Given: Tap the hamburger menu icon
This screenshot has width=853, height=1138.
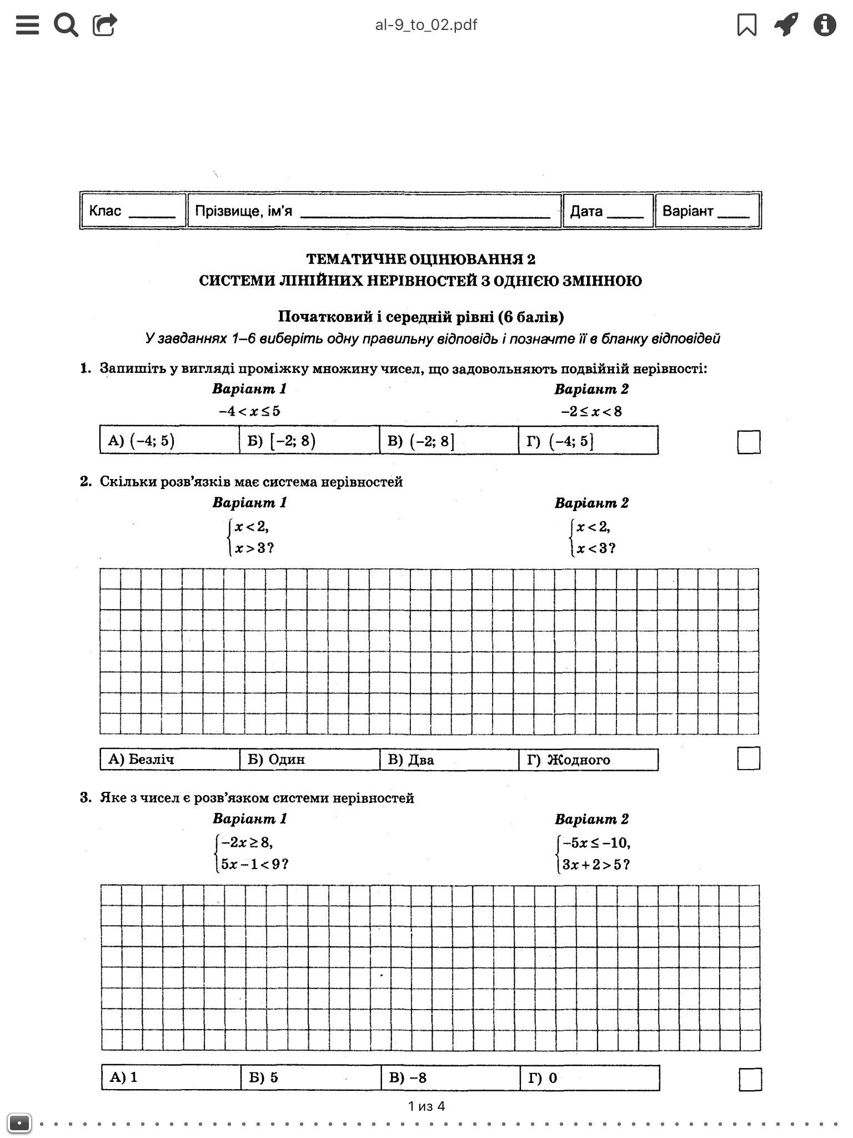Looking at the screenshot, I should pyautogui.click(x=27, y=24).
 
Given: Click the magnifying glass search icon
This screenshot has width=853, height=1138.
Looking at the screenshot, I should pyautogui.click(x=66, y=25).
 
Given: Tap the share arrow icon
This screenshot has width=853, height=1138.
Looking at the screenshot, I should pyautogui.click(x=105, y=24).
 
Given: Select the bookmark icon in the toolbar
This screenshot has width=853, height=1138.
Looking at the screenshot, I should pyautogui.click(x=746, y=24).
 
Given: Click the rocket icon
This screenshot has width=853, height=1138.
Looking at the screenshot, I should pyautogui.click(x=786, y=24).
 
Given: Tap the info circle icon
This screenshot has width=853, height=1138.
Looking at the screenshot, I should pyautogui.click(x=825, y=24).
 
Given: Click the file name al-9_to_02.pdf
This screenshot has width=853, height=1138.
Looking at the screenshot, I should pyautogui.click(x=426, y=25).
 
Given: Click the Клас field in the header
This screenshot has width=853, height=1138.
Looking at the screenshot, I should pyautogui.click(x=133, y=211).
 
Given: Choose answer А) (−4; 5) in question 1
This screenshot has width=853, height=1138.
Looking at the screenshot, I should pyautogui.click(x=169, y=441).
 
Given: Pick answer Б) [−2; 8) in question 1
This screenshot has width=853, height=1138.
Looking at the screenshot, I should pyautogui.click(x=309, y=441).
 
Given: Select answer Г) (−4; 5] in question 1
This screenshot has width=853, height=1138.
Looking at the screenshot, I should pyautogui.click(x=588, y=441).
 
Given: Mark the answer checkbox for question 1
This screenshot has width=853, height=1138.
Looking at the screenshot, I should pyautogui.click(x=749, y=442).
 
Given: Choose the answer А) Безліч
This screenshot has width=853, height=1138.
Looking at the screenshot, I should pyautogui.click(x=169, y=760).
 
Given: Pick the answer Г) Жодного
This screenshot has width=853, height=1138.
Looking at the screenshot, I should pyautogui.click(x=588, y=760).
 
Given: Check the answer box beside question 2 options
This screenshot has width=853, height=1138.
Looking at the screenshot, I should pyautogui.click(x=749, y=758).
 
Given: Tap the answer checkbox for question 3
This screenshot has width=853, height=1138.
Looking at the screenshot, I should pyautogui.click(x=750, y=1079).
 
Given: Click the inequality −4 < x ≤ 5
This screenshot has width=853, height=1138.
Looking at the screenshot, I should pyautogui.click(x=249, y=412).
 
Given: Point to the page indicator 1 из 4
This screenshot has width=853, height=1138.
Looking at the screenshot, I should pyautogui.click(x=426, y=1106).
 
